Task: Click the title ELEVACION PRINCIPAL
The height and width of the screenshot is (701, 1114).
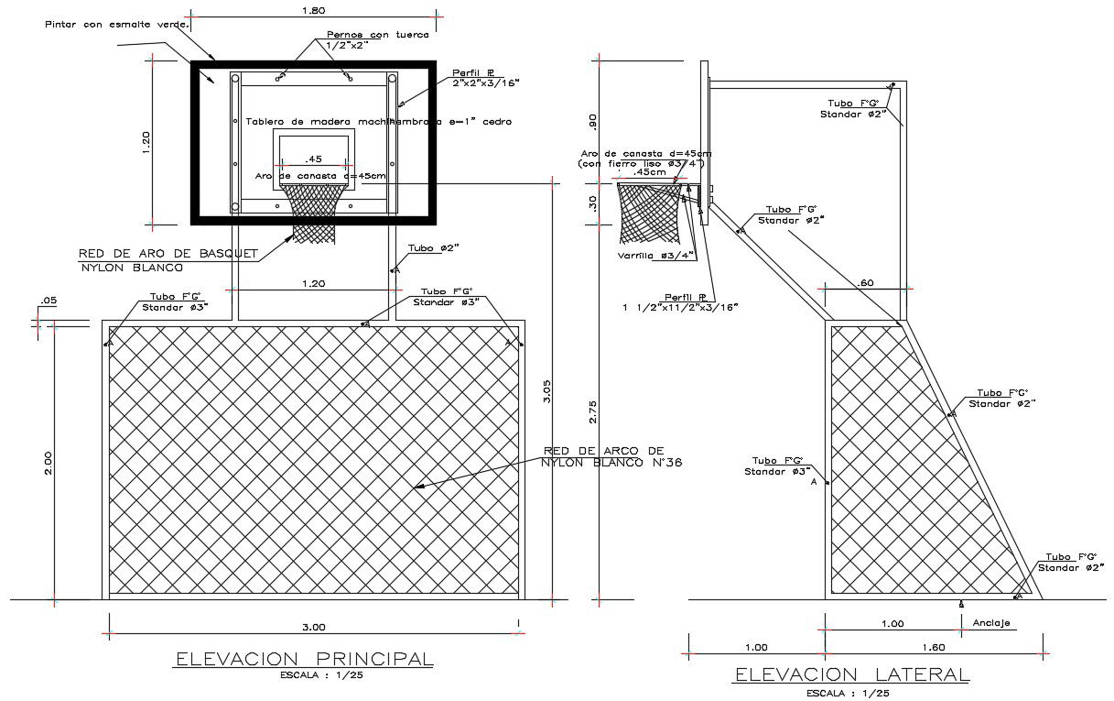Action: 304,658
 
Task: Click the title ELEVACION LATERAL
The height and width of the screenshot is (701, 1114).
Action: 851,674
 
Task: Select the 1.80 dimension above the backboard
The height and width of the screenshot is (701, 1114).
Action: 313,11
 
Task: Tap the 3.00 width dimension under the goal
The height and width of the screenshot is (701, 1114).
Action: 314,627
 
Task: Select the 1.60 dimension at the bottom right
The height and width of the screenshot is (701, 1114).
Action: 933,647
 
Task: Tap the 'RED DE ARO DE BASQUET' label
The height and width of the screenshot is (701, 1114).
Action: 169,253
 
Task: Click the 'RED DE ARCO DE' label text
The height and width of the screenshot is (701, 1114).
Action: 602,451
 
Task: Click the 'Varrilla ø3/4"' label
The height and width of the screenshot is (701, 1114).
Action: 656,256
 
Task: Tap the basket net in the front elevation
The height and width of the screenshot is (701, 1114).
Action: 316,212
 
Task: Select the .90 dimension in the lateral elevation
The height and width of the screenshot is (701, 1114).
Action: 593,122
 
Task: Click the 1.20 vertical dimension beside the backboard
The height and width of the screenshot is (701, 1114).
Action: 146,140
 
